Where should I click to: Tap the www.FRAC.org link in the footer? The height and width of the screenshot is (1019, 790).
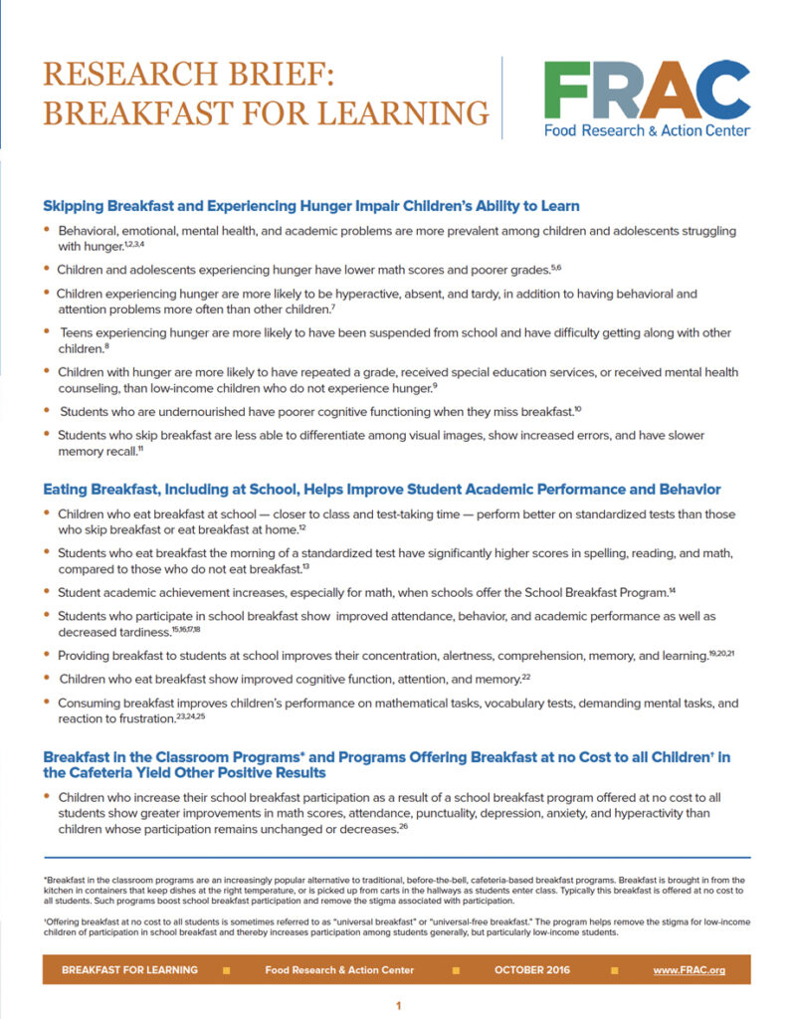click(689, 969)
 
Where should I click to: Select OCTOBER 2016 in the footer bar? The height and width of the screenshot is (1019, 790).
click(532, 969)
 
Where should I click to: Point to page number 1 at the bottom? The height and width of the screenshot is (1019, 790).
click(398, 1005)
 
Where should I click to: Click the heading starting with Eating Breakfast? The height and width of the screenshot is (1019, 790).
click(381, 489)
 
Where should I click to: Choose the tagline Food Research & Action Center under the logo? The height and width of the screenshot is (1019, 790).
click(647, 130)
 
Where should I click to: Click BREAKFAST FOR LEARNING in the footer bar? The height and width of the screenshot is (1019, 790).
click(129, 969)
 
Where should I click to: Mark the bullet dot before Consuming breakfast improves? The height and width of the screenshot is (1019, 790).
click(47, 703)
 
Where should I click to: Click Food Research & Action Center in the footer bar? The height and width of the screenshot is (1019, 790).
click(339, 969)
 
